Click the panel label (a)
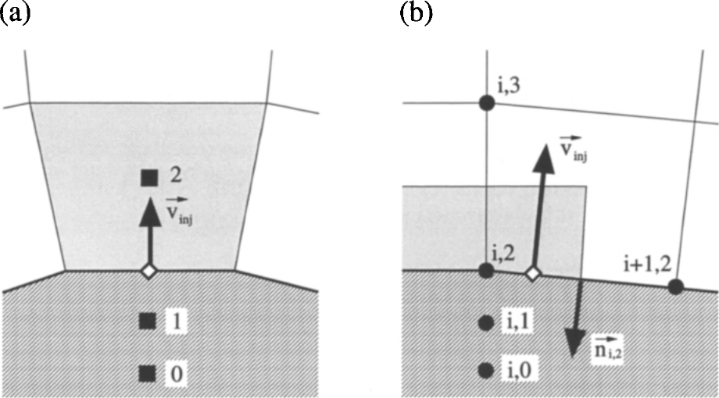15,13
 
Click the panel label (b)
416,13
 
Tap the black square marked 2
149,178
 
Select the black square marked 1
147,321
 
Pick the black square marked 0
147,374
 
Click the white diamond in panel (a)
148,271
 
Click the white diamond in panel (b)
533,273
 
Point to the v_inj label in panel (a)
179,210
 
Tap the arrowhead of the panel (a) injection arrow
150,212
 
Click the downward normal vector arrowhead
573,343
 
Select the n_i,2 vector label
607,347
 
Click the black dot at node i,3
487,102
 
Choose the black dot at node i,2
486,271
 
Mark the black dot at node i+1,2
675,287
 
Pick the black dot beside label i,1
485,323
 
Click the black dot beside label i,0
485,370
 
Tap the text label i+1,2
647,265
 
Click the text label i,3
509,85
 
